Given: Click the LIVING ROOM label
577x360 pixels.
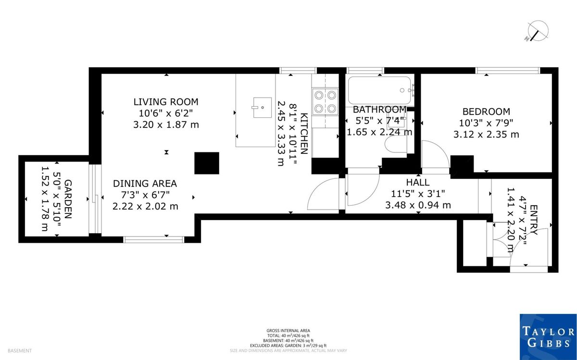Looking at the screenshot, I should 166,102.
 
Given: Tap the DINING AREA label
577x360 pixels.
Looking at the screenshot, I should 145,183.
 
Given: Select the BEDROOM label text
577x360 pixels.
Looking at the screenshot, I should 486,111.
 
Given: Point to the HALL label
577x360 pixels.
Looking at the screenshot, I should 418,182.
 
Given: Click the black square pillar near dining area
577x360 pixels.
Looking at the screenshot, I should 207,163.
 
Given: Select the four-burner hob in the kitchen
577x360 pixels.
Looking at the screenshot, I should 325,101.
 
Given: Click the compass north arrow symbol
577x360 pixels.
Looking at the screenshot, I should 536,31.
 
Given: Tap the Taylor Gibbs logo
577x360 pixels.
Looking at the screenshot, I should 548,336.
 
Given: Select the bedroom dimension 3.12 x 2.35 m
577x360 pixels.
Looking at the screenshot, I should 486,134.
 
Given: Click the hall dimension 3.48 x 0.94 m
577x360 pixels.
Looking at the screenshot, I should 418,205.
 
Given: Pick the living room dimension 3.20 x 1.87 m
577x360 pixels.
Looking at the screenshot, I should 166,124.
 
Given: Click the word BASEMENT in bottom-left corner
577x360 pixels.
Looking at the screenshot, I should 20,351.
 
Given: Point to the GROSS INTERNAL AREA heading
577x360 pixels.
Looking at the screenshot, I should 288,330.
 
